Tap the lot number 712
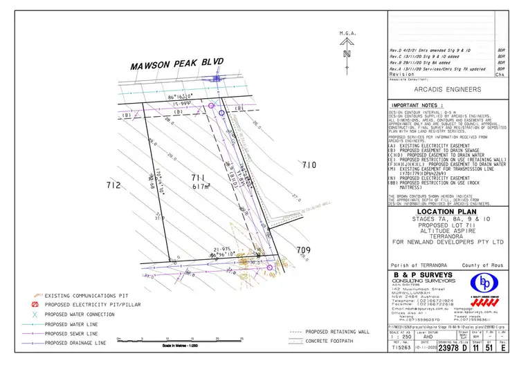coord(114,185)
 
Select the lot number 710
coord(308,164)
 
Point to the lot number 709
coord(304,250)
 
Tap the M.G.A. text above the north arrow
coord(347,33)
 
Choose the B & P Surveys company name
coord(428,275)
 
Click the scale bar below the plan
coord(181,339)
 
